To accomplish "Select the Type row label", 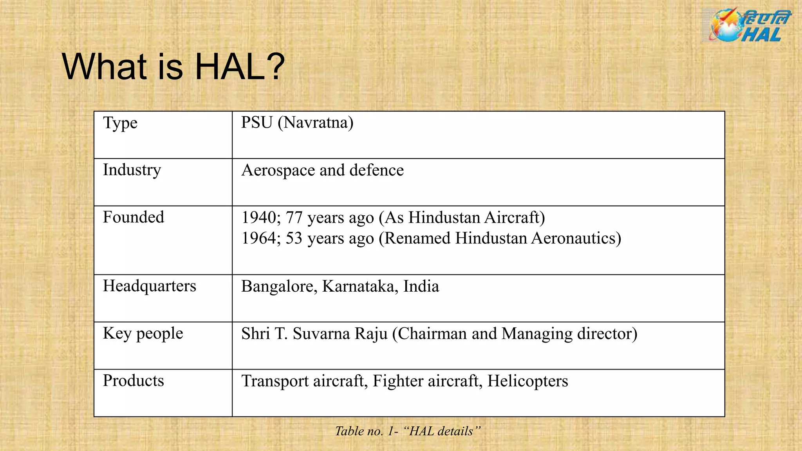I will [120, 123].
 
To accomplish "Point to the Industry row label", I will [132, 170].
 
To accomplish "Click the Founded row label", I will [134, 217].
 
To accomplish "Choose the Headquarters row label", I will [149, 286].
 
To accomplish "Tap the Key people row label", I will [143, 334].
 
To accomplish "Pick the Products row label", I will [134, 381].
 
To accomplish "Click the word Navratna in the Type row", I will [315, 123].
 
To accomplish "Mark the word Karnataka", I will [360, 287].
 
